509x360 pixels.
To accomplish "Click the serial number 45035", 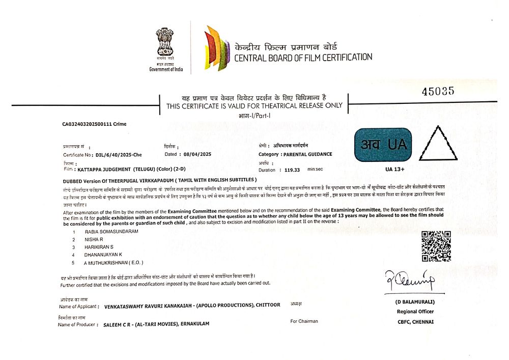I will (438, 92).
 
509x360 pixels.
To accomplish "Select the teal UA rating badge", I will (382, 145).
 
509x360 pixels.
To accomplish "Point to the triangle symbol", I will (438, 144).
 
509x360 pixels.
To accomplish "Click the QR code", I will (436, 246).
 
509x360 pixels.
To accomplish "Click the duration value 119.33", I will (292, 170).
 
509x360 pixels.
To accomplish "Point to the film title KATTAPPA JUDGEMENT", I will (104, 168).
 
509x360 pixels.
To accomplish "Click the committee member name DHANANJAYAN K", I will (103, 254).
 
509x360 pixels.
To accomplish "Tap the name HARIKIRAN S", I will (99, 246).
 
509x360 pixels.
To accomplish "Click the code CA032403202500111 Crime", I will (94, 124).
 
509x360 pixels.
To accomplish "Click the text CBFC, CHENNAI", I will (415, 321).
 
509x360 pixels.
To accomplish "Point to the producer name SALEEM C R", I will (118, 324).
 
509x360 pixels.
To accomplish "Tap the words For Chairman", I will (304, 321).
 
